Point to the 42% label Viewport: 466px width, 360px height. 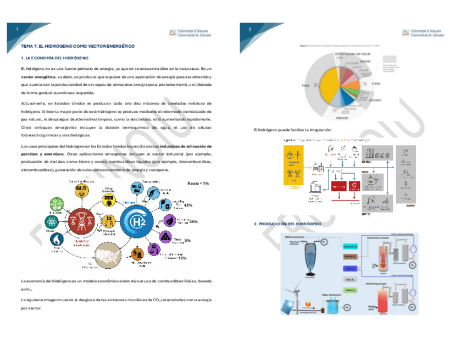[x=188, y=205]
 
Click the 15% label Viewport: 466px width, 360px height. [x=182, y=258]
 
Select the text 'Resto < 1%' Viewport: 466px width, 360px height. [x=198, y=183]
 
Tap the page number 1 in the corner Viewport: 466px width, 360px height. [x=17, y=29]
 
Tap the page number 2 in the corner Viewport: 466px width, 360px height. [x=249, y=29]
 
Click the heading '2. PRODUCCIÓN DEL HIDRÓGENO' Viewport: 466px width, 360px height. [x=288, y=225]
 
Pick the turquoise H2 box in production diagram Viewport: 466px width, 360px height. [x=350, y=246]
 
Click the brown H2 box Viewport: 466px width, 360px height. [x=350, y=257]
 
